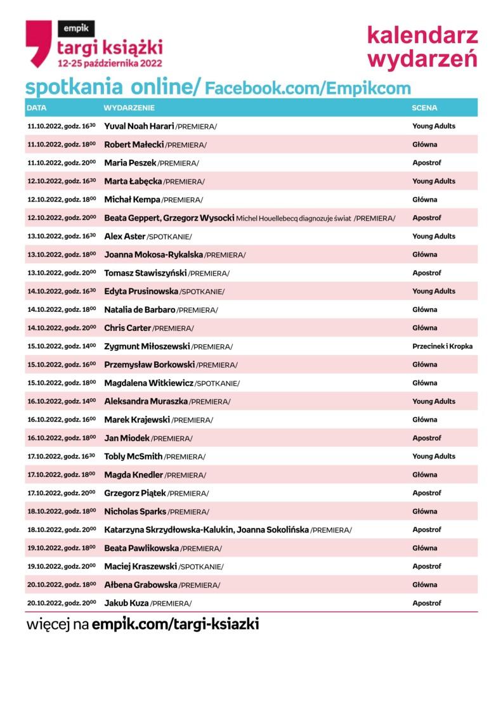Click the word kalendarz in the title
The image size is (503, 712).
422,36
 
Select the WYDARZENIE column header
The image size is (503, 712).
129,108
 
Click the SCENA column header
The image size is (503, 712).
424,108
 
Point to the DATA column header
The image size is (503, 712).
37,108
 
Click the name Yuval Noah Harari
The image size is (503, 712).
139,126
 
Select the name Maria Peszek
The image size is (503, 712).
130,163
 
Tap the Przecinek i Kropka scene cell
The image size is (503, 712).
442,346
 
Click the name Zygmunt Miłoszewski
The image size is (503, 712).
147,346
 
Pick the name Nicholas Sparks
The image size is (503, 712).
135,511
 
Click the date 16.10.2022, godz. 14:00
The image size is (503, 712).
62,401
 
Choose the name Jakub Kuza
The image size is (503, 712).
126,603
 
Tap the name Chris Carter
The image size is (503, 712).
127,328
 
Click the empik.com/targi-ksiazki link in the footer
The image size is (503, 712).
175,624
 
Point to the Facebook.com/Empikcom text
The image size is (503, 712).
308,89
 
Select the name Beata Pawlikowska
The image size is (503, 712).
141,548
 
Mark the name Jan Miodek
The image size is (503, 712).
127,438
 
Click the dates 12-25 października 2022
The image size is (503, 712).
110,63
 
